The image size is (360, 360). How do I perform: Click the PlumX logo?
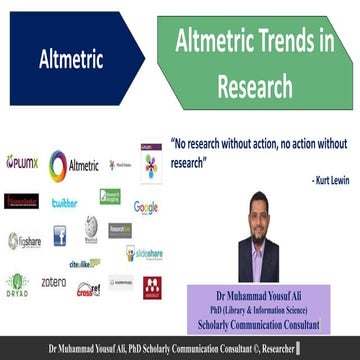[x=22, y=162]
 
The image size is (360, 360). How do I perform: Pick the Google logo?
[x=147, y=207]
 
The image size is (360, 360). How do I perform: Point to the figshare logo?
[x=23, y=241]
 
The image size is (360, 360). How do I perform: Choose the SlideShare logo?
[x=145, y=254]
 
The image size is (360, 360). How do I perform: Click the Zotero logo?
[x=54, y=283]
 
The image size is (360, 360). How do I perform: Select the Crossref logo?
[x=88, y=289]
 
